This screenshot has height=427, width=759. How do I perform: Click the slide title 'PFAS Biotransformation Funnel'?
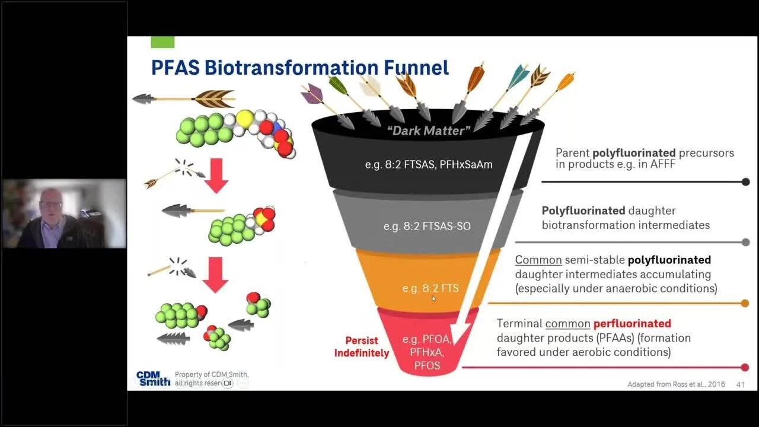(x=299, y=67)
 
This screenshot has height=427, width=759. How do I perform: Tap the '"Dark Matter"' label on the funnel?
(x=428, y=130)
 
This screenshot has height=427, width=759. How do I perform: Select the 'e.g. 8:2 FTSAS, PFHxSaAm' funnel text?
(x=429, y=164)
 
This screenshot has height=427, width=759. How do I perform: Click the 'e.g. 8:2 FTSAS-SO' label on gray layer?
(x=427, y=226)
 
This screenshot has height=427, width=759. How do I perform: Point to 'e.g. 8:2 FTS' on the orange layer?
(x=430, y=288)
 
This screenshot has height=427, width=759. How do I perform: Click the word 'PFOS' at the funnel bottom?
(x=427, y=365)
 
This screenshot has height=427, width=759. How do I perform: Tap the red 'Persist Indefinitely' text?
(x=361, y=347)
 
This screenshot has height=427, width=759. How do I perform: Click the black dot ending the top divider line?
(x=746, y=182)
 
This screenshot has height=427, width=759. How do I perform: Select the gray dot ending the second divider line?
(x=746, y=242)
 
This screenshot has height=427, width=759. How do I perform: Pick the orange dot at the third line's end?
(x=745, y=304)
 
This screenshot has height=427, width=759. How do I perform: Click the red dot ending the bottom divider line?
(x=745, y=367)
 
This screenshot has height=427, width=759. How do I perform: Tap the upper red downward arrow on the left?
(x=216, y=176)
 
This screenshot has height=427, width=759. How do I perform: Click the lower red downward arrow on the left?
(x=216, y=275)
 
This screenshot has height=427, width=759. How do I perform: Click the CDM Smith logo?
(x=153, y=378)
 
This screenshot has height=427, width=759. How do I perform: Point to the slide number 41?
(x=740, y=384)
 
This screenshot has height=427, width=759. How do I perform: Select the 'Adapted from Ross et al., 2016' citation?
(x=676, y=384)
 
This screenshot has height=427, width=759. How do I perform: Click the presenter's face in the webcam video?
(x=52, y=205)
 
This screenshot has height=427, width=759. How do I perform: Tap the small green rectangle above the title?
(x=162, y=42)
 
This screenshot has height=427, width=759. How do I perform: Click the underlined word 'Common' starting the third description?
(x=531, y=260)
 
